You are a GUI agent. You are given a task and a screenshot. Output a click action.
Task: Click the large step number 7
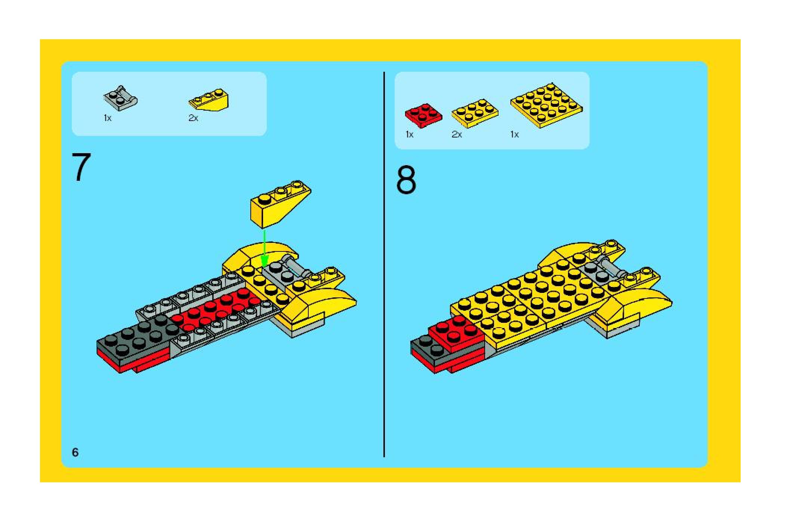pyautogui.click(x=81, y=168)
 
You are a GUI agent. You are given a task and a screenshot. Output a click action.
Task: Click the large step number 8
pyautogui.click(x=406, y=180)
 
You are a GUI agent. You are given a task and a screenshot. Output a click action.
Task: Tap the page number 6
pyautogui.click(x=75, y=452)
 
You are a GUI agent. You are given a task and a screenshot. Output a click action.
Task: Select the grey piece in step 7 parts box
pyautogui.click(x=120, y=99)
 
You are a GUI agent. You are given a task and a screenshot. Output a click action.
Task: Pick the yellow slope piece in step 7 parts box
pyautogui.click(x=209, y=101)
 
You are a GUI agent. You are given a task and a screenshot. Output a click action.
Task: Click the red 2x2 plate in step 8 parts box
pyautogui.click(x=423, y=115)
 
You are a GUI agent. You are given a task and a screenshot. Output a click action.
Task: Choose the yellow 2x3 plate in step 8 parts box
pyautogui.click(x=475, y=113)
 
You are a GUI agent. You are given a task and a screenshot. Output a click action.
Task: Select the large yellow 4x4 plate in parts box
pyautogui.click(x=546, y=105)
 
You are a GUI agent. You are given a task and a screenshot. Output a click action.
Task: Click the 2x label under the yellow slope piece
pyautogui.click(x=193, y=118)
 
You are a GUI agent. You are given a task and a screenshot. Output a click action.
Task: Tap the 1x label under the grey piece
pyautogui.click(x=108, y=118)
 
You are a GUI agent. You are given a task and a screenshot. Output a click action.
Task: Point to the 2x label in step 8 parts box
pyautogui.click(x=457, y=134)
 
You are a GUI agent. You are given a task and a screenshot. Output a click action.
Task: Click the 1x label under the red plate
pyautogui.click(x=410, y=134)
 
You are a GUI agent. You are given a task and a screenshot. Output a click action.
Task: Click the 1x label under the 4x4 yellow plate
pyautogui.click(x=515, y=134)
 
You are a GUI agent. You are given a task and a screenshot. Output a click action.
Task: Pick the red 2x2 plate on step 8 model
pyautogui.click(x=456, y=331)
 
